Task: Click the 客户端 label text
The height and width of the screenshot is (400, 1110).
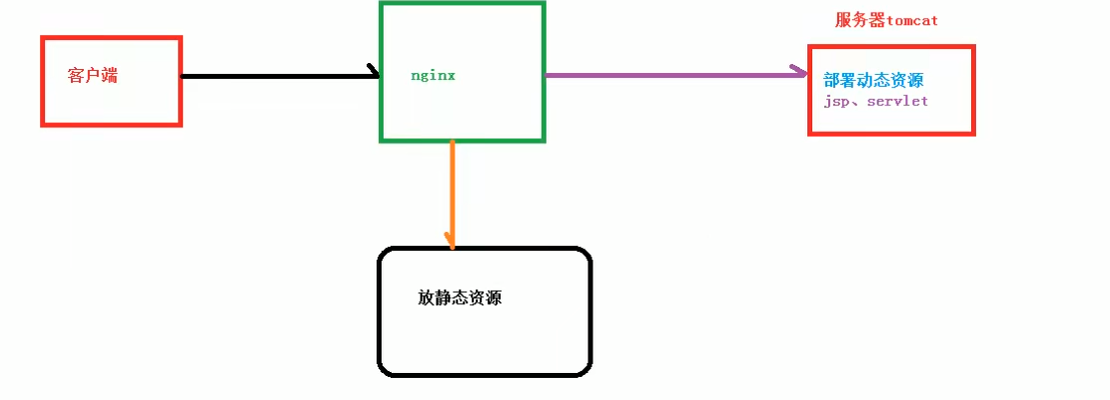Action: coord(93,76)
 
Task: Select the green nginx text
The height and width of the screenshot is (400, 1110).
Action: coord(433,76)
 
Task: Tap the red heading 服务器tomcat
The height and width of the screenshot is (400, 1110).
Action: coord(886,20)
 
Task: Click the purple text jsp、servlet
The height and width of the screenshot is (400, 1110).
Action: coord(876,102)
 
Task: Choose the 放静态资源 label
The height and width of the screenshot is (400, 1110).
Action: coord(460,298)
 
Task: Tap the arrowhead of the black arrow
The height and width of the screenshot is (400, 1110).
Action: coord(375,73)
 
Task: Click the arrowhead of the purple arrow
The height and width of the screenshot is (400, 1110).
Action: coord(801,72)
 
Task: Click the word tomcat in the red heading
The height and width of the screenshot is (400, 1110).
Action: coord(909,20)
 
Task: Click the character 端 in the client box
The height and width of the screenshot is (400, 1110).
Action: coord(109,76)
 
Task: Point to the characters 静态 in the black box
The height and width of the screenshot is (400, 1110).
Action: coord(452,298)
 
